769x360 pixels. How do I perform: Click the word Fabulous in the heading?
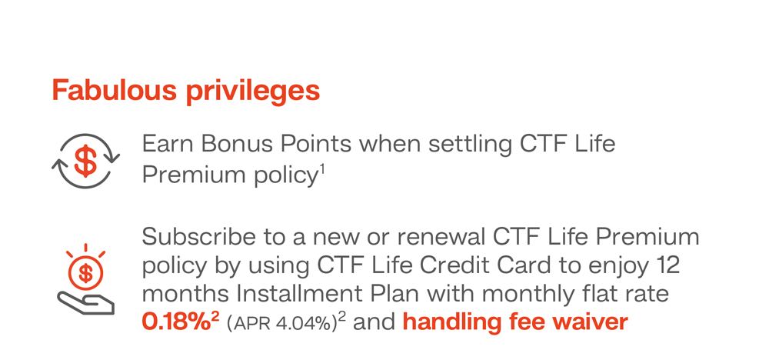[115, 90]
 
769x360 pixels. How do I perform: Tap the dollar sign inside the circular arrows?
[85, 161]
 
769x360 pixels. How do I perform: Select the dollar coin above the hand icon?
[86, 274]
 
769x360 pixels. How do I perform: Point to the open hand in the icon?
[86, 302]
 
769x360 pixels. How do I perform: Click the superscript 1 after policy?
[323, 170]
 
